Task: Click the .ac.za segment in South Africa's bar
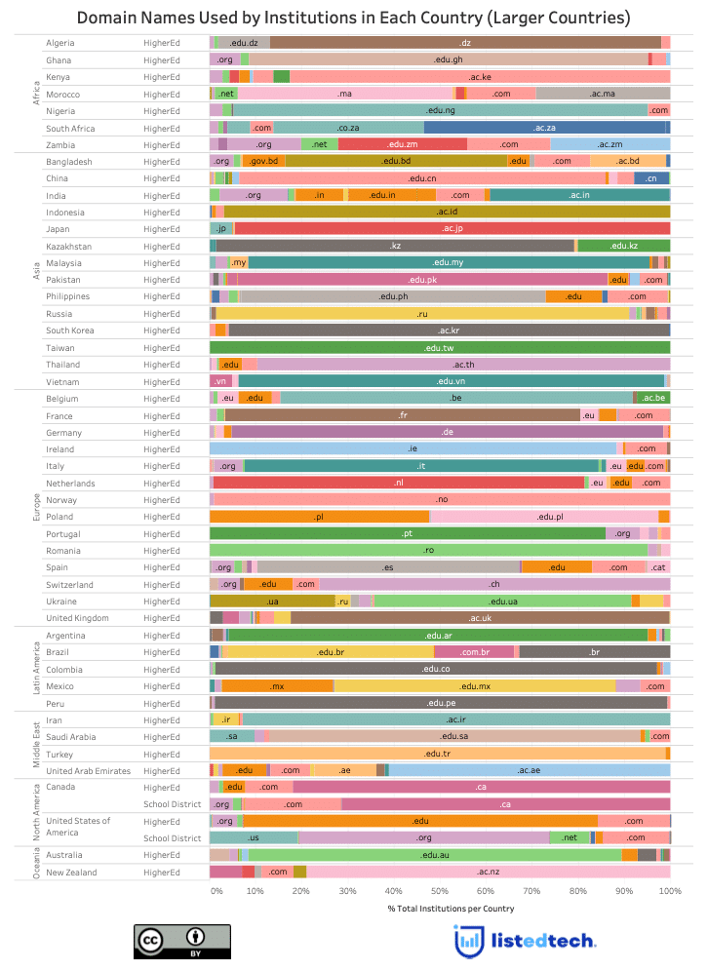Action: click(545, 128)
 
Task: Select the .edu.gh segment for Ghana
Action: click(448, 59)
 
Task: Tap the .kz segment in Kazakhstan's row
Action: click(395, 246)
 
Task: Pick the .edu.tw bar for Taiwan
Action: click(440, 347)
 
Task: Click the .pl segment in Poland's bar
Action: click(319, 517)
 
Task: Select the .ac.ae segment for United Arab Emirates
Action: click(530, 770)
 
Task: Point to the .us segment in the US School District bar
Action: click(254, 837)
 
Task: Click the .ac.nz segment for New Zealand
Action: click(489, 872)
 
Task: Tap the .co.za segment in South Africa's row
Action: click(348, 128)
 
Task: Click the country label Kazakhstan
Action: click(69, 246)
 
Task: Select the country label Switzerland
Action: click(69, 584)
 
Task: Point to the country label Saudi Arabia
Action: click(71, 737)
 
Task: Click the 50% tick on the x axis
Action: click(440, 891)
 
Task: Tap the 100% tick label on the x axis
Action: click(670, 891)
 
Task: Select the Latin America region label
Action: click(35, 669)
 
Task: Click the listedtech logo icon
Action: click(469, 940)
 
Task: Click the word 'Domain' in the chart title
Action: click(111, 18)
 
